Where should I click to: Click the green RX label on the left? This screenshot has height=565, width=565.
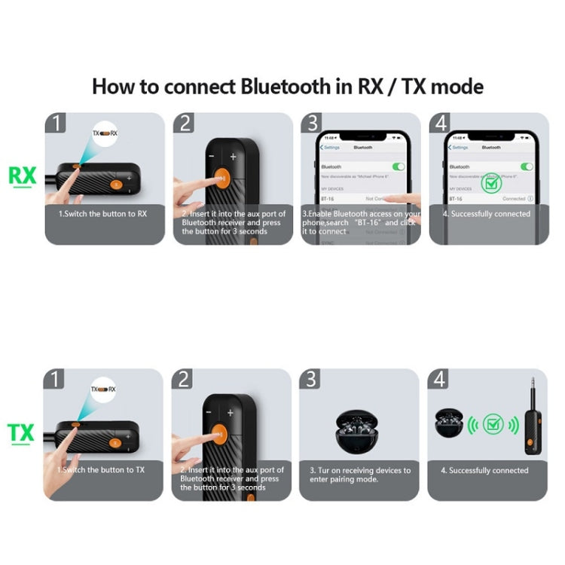[x=22, y=176]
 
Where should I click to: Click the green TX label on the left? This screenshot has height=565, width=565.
[x=21, y=433]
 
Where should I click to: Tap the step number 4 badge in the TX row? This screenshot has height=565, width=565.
[x=439, y=380]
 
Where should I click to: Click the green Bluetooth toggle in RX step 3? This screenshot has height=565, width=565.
[x=399, y=166]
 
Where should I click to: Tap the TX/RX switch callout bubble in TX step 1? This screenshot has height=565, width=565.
[x=103, y=389]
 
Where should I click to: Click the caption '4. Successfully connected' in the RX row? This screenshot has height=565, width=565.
[x=486, y=214]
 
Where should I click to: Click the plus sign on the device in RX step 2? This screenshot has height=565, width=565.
[x=234, y=157]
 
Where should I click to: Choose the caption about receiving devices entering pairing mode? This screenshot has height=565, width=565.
[x=360, y=475]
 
